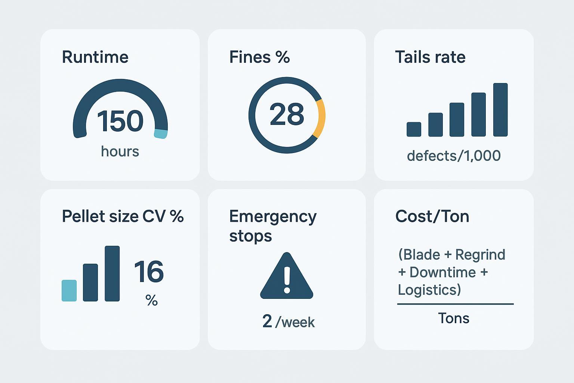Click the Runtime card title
pyautogui.click(x=95, y=57)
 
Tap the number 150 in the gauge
pyautogui.click(x=120, y=121)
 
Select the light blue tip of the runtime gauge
pyautogui.click(x=161, y=134)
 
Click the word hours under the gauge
pyautogui.click(x=120, y=151)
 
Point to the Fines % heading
pyautogui.click(x=259, y=57)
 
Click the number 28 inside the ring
pyautogui.click(x=287, y=114)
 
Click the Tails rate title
pyautogui.click(x=430, y=57)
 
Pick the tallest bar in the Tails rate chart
pyautogui.click(x=500, y=110)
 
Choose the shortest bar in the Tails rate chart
pyautogui.click(x=414, y=129)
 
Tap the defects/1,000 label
pyautogui.click(x=454, y=156)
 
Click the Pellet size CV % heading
pyautogui.click(x=123, y=217)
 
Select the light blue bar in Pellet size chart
pyautogui.click(x=69, y=290)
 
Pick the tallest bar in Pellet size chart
pyautogui.click(x=112, y=273)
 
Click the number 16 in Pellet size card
pyautogui.click(x=149, y=272)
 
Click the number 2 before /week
pyautogui.click(x=267, y=321)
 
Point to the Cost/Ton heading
pyautogui.click(x=432, y=217)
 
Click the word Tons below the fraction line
pyautogui.click(x=453, y=318)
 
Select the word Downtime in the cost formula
pyautogui.click(x=442, y=272)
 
